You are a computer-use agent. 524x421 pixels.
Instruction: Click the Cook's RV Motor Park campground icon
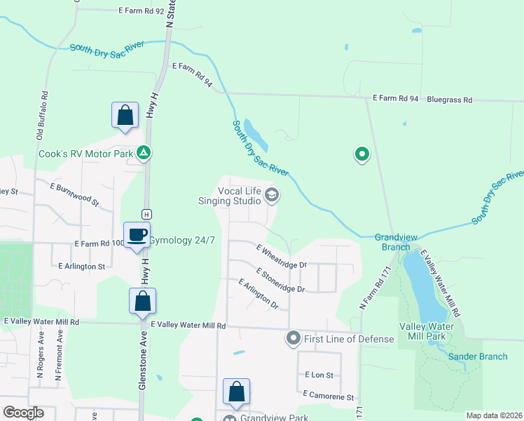pos(144,152)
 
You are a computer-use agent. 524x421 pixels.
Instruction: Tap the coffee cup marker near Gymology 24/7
pos(137,234)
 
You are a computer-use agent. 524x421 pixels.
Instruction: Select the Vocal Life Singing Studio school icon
pos(272,196)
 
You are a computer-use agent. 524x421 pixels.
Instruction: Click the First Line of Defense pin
pos(294,339)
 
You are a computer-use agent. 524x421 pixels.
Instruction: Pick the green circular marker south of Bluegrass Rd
pos(361,154)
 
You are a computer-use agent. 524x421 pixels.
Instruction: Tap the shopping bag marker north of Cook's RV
pos(125,116)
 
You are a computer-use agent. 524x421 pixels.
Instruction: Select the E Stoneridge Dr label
pos(280,280)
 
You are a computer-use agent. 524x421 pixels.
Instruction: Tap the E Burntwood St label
pos(75,192)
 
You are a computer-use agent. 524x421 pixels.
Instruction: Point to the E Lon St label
pos(318,376)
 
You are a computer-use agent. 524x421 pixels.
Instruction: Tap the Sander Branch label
pos(478,356)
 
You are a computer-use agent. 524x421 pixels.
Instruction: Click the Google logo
pos(23,413)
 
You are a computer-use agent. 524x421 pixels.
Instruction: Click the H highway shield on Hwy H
pos(146,214)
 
